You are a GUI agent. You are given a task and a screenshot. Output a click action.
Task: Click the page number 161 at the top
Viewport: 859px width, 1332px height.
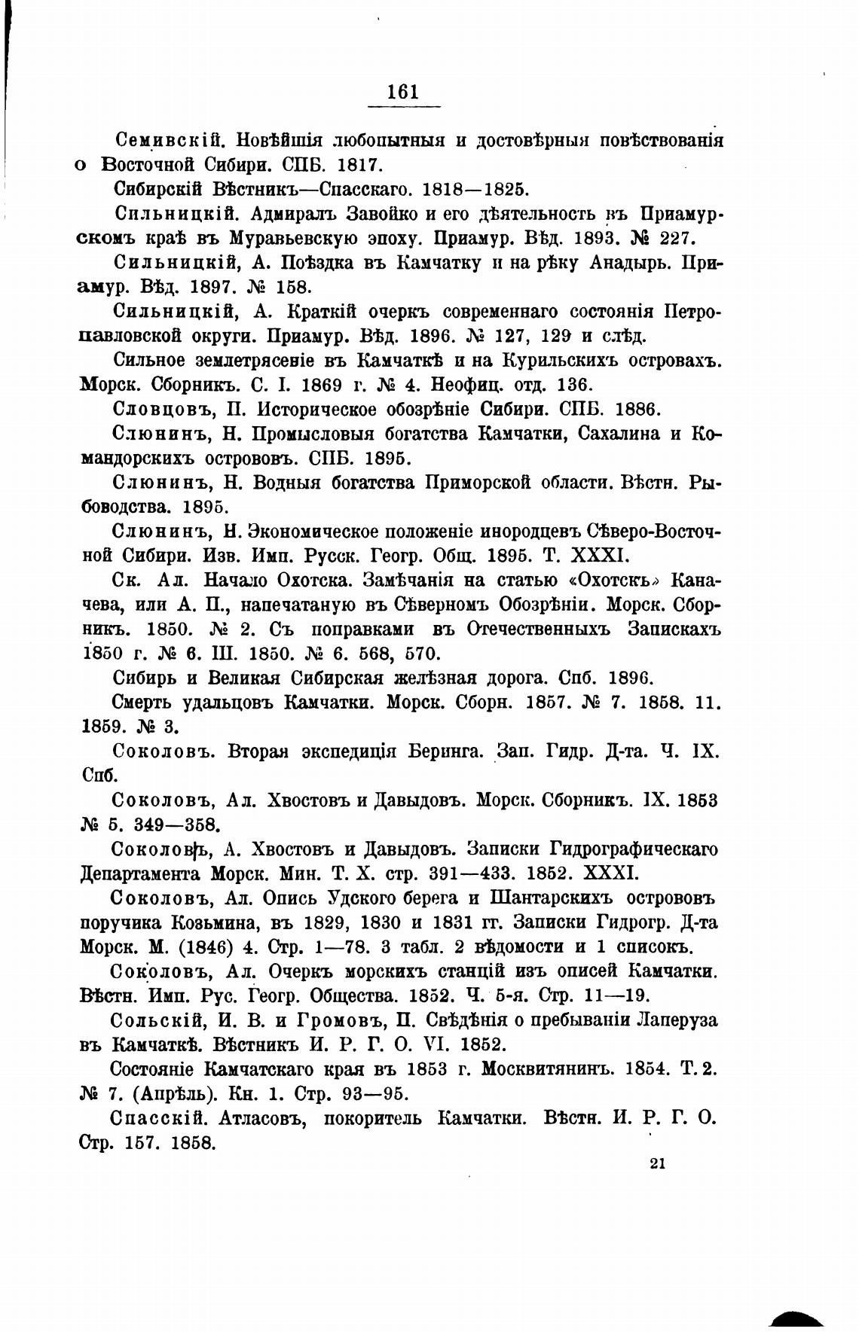[402, 92]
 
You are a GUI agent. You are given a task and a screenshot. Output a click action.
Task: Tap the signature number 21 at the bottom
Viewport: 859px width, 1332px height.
[656, 1163]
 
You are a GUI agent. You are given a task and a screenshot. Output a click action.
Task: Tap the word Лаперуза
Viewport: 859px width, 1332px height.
[675, 1020]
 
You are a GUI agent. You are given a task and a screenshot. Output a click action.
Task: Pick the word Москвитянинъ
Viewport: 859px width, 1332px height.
[549, 1069]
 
